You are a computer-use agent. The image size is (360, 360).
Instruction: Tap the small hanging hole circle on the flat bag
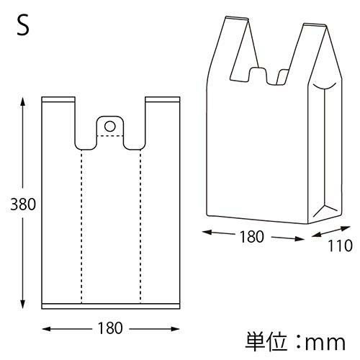pos(109,126)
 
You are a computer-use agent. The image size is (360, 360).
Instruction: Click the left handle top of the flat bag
pos(59,99)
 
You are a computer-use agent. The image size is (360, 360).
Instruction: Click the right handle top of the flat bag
pos(161,99)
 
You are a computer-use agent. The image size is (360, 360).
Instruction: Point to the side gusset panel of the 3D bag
pos(324,151)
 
